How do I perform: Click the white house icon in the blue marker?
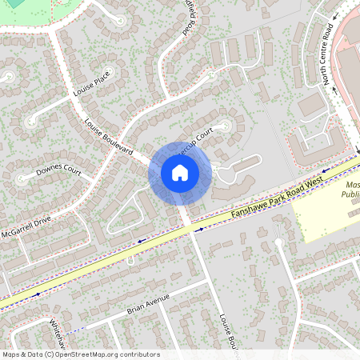pyautogui.click(x=180, y=173)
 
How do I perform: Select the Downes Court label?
pyautogui.click(x=58, y=172)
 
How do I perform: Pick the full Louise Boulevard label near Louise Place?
pyautogui.click(x=109, y=136)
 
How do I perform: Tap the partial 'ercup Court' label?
pyautogui.click(x=196, y=138)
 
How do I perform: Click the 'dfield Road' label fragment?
pyautogui.click(x=187, y=18)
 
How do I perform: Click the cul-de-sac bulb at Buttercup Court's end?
pyautogui.click(x=226, y=125)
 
